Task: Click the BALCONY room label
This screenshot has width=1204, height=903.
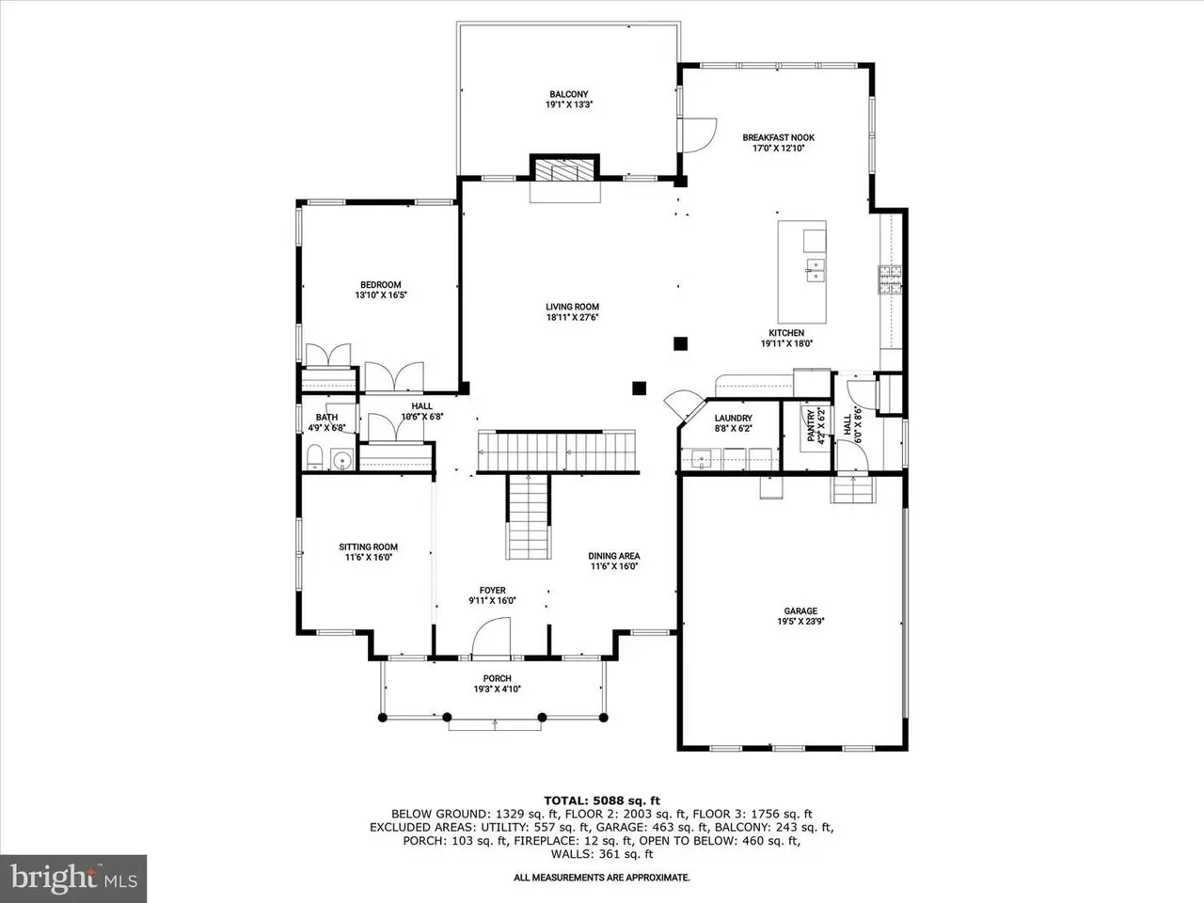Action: tap(569, 94)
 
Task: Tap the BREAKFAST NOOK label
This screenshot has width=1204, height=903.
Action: tap(778, 137)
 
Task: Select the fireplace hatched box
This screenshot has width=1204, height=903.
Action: tap(564, 170)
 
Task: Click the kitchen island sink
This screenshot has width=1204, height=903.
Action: tap(816, 270)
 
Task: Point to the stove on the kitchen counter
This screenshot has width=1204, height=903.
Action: tap(890, 279)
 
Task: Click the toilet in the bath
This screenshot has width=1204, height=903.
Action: tap(314, 457)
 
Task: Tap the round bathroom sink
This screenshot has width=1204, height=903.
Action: tap(342, 461)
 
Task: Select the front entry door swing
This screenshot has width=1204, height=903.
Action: tap(491, 636)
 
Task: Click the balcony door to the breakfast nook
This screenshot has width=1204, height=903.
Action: tap(698, 135)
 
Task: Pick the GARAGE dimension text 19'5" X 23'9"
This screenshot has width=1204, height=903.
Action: tap(800, 621)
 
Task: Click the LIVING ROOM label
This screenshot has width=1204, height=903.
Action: tap(572, 307)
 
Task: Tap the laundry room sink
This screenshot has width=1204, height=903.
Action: tap(702, 458)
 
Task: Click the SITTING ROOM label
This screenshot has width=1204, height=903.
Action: tap(368, 547)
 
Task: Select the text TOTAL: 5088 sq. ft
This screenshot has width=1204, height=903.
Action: tap(602, 801)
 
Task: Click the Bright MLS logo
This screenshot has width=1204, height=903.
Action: tap(73, 879)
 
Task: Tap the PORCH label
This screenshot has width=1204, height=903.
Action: tap(497, 679)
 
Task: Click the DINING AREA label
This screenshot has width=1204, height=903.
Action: tap(614, 556)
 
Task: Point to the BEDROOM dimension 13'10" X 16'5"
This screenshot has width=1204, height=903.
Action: tap(381, 295)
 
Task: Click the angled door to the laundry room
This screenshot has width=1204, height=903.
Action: tap(685, 404)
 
